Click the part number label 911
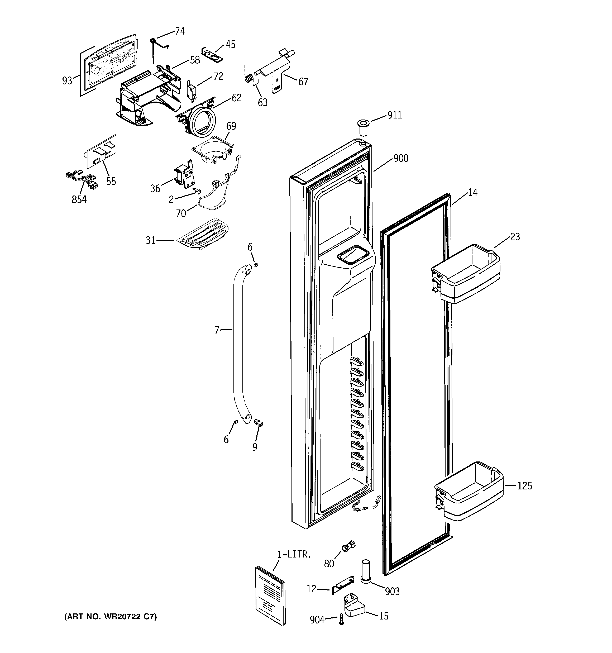395,115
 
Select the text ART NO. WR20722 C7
110,617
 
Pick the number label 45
231,44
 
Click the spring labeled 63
249,79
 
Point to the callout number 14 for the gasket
472,193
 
